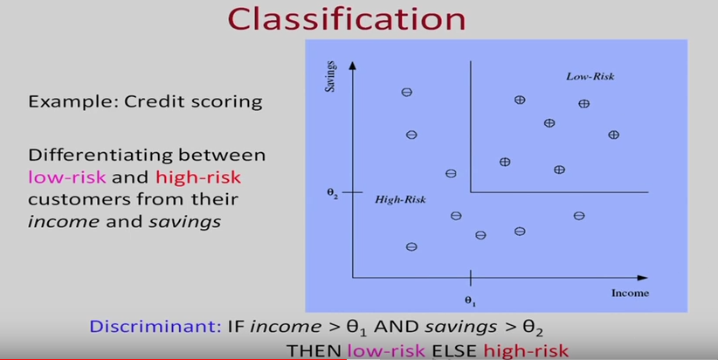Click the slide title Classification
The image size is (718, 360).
point(358,18)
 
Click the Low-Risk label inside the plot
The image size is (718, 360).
point(591,77)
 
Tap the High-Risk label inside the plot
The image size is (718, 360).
point(400,200)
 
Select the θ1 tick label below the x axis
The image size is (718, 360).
point(471,301)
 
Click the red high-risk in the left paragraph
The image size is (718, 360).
point(198,177)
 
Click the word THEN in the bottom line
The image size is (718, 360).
point(314,351)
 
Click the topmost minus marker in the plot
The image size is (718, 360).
point(406,93)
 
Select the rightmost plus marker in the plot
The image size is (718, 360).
point(613,135)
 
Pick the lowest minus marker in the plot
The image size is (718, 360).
point(411,247)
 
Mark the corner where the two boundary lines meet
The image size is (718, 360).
point(471,191)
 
